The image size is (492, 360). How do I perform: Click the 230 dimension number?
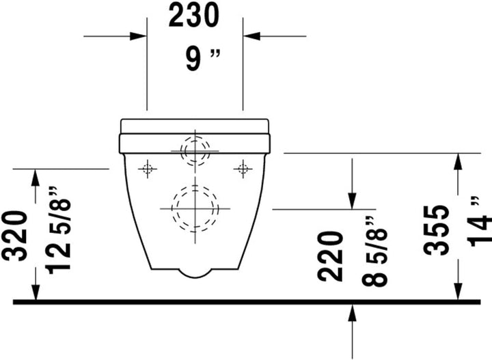point(195,15)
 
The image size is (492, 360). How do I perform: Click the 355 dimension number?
point(435,230)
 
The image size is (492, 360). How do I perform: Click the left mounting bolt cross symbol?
point(147,168)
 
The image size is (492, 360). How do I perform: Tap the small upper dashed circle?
point(195,150)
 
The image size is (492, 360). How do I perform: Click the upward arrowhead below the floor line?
point(353,311)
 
